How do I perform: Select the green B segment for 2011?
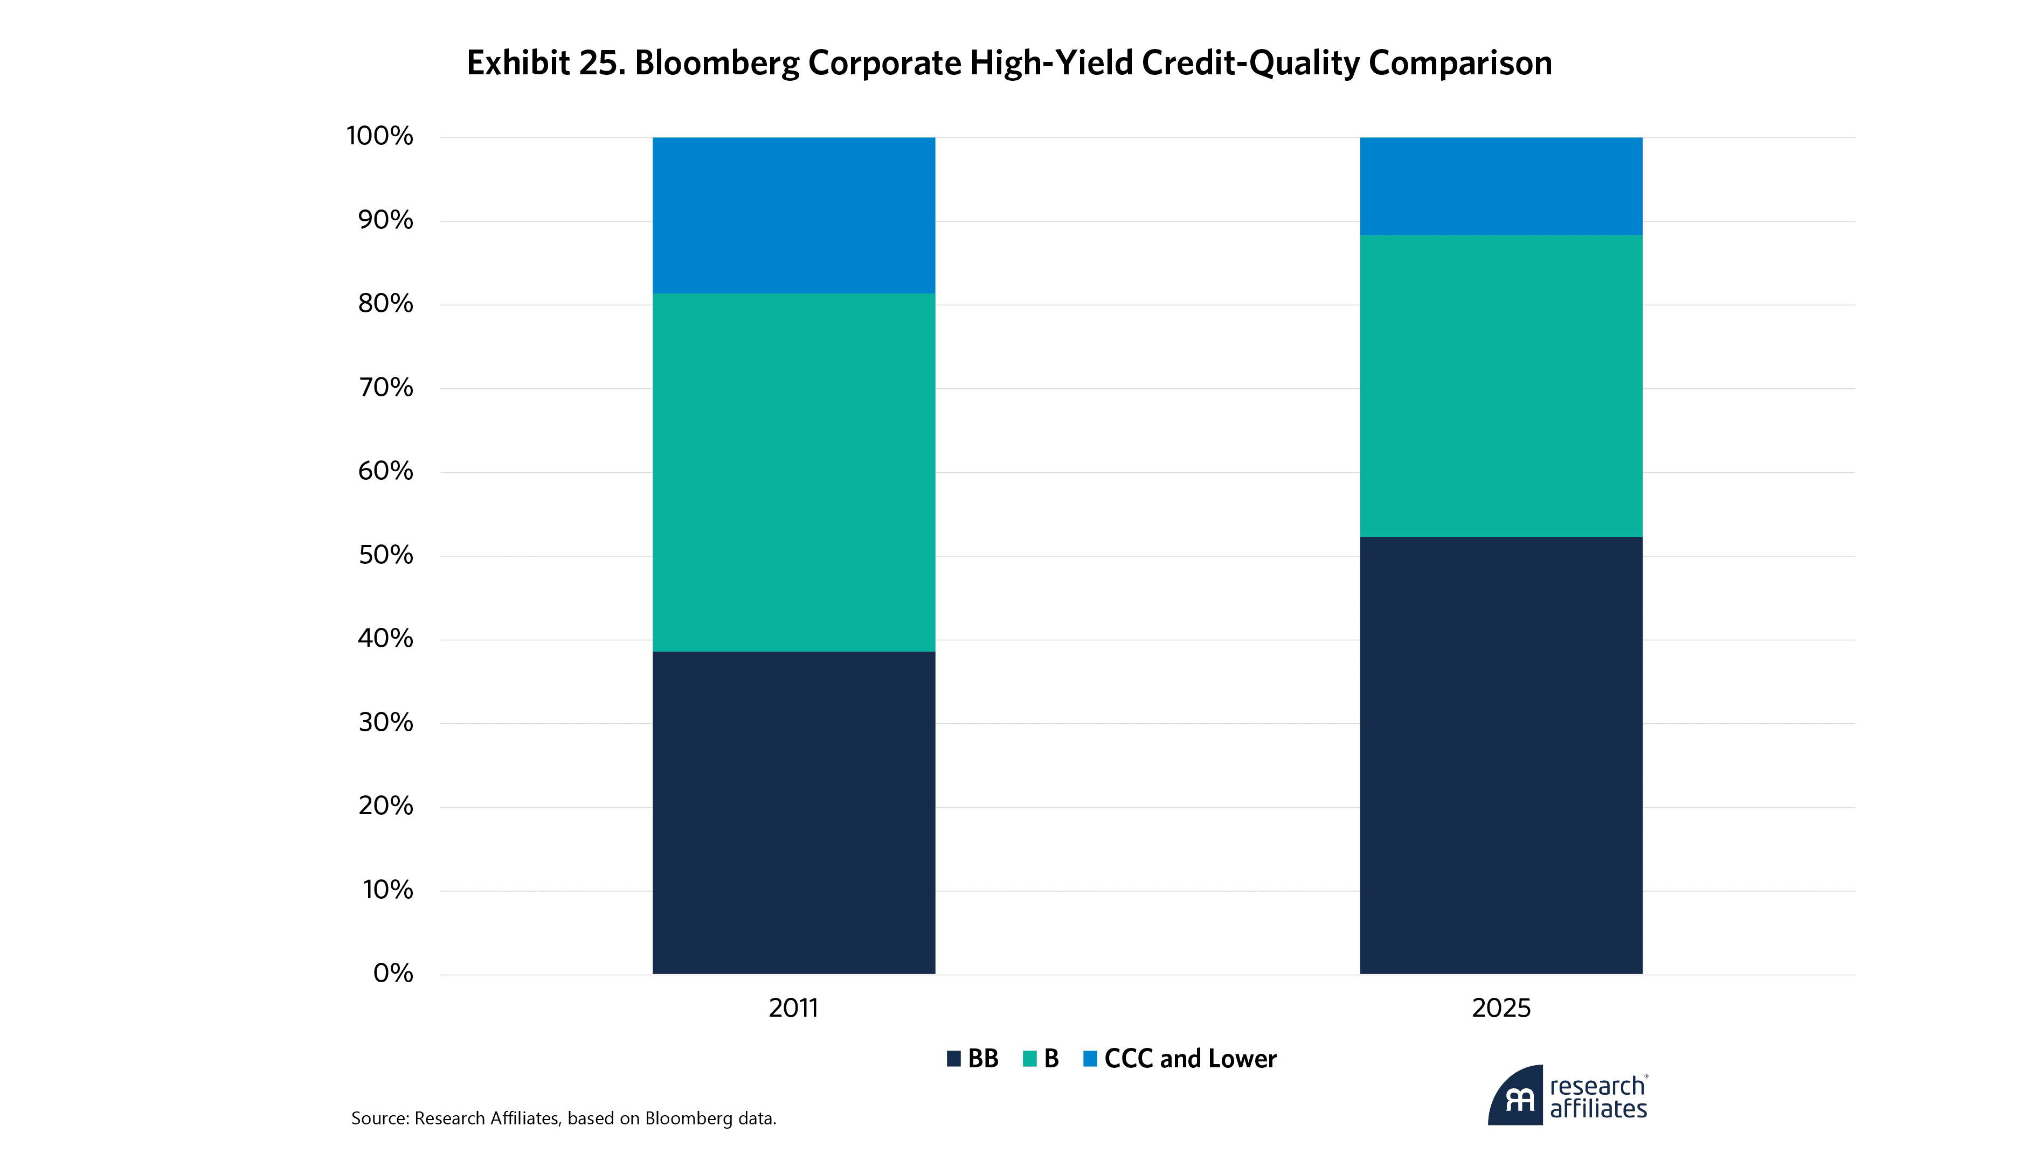click(x=793, y=472)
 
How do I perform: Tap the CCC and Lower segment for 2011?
click(x=793, y=215)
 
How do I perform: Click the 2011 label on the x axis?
click(x=793, y=1008)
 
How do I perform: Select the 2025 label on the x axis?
click(x=1501, y=1008)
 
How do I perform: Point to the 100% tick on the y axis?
click(x=380, y=136)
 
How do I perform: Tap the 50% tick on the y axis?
click(x=386, y=555)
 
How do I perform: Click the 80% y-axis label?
click(x=386, y=304)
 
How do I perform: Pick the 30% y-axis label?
click(x=386, y=723)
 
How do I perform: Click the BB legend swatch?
click(x=953, y=1059)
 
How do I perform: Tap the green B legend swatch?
click(x=1029, y=1059)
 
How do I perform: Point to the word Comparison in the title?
click(x=1460, y=63)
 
